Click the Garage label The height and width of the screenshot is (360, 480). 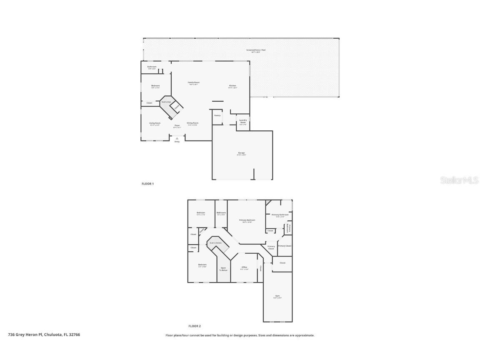pyautogui.click(x=241, y=153)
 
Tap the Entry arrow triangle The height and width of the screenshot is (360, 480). pyautogui.click(x=177, y=138)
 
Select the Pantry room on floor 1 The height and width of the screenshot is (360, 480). pyautogui.click(x=217, y=116)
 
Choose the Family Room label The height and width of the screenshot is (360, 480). pyautogui.click(x=194, y=83)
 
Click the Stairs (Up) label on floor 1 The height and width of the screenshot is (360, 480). pyautogui.click(x=166, y=102)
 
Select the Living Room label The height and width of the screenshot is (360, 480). pyautogui.click(x=155, y=123)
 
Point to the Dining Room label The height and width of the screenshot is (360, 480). pyautogui.click(x=192, y=123)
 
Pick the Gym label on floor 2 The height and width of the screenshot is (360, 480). pyautogui.click(x=277, y=296)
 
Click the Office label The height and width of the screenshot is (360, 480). pyautogui.click(x=244, y=267)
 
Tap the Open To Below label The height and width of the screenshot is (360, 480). pyautogui.click(x=223, y=269)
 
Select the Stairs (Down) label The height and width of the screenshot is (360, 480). pyautogui.click(x=215, y=242)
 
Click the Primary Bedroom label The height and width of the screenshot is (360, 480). pyautogui.click(x=247, y=220)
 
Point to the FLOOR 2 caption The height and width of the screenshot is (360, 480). pyautogui.click(x=195, y=326)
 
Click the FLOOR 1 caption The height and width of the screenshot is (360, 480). pyautogui.click(x=147, y=184)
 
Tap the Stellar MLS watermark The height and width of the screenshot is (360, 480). pyautogui.click(x=454, y=180)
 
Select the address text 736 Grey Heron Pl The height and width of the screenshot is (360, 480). pyautogui.click(x=44, y=335)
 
